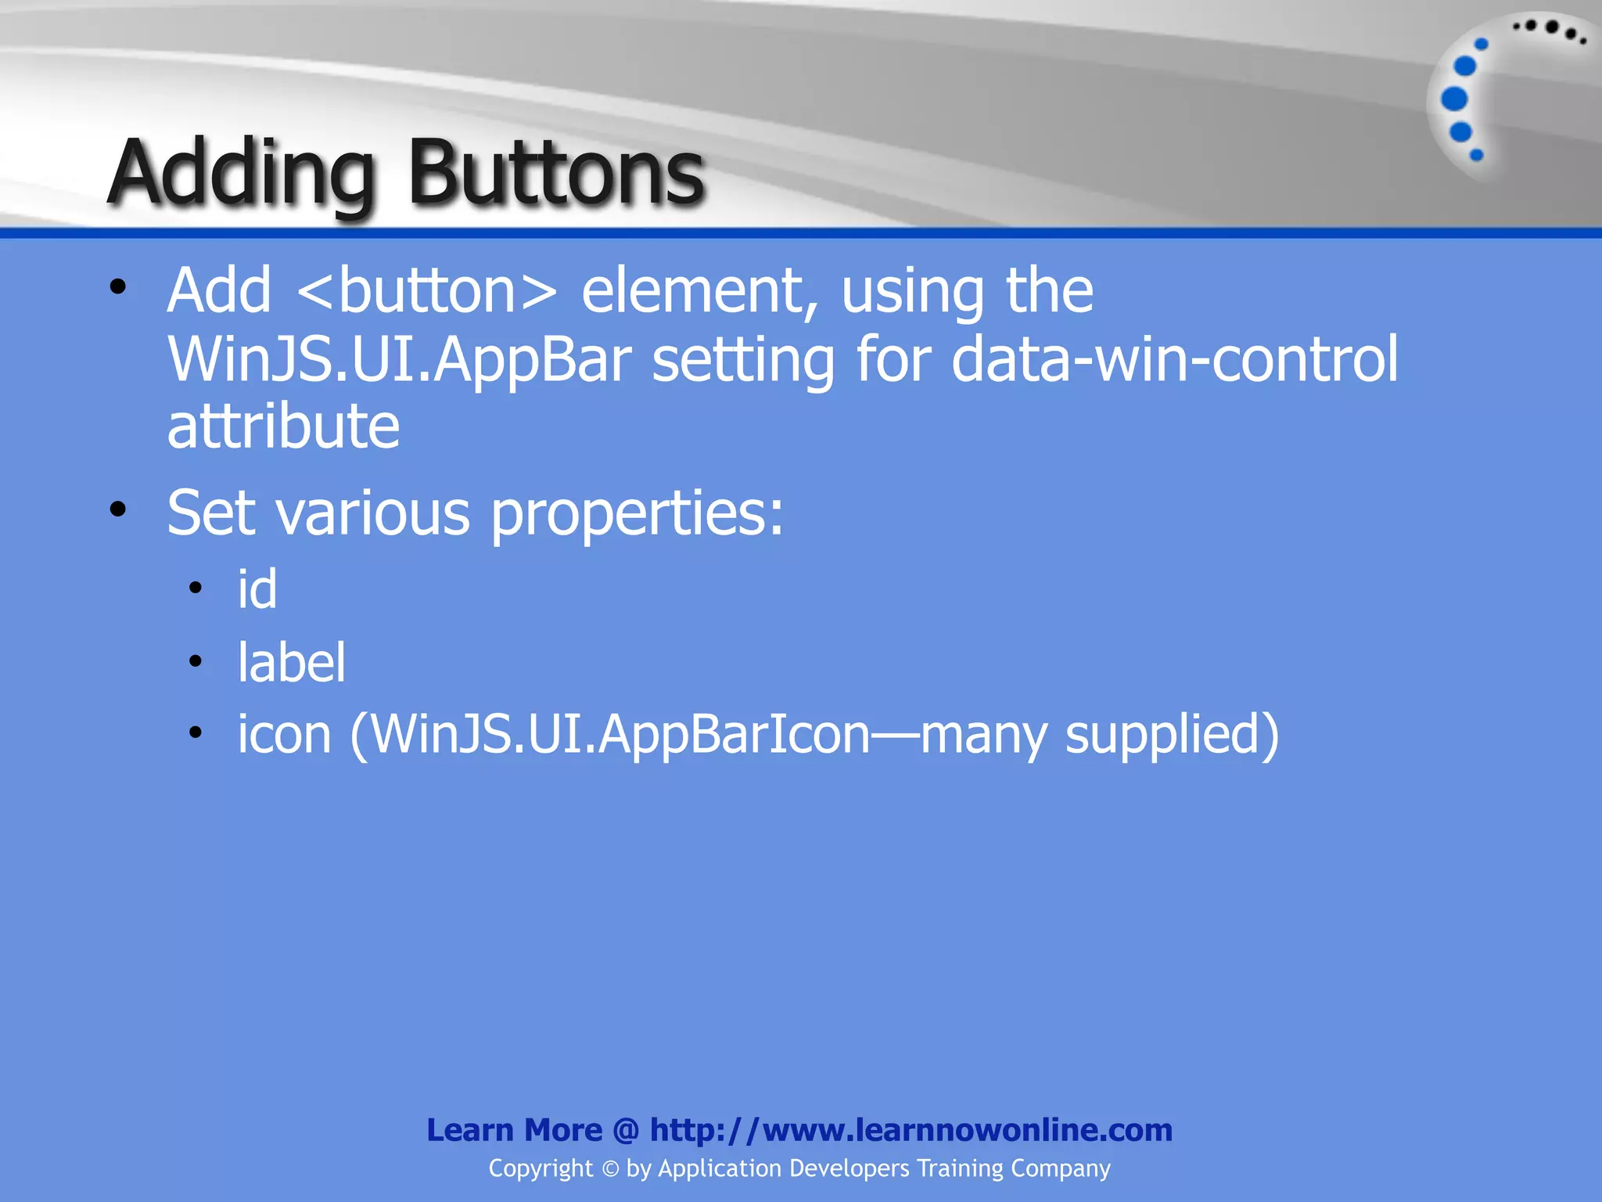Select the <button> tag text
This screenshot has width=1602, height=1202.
427,291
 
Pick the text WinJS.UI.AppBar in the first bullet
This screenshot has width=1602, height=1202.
400,359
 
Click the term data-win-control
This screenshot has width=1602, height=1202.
1174,359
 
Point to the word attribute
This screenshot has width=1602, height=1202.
283,426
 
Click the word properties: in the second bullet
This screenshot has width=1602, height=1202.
637,514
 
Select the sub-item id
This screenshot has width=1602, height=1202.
257,589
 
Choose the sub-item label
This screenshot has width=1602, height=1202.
291,662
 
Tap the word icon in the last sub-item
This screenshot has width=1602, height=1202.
285,734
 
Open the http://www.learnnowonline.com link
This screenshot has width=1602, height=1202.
911,1130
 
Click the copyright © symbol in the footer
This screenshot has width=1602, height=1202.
610,1169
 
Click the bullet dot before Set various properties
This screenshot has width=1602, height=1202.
118,510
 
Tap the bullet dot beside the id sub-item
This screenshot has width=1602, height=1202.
196,588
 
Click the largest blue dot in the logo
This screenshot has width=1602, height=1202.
1454,99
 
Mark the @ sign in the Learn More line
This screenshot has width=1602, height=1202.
626,1131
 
